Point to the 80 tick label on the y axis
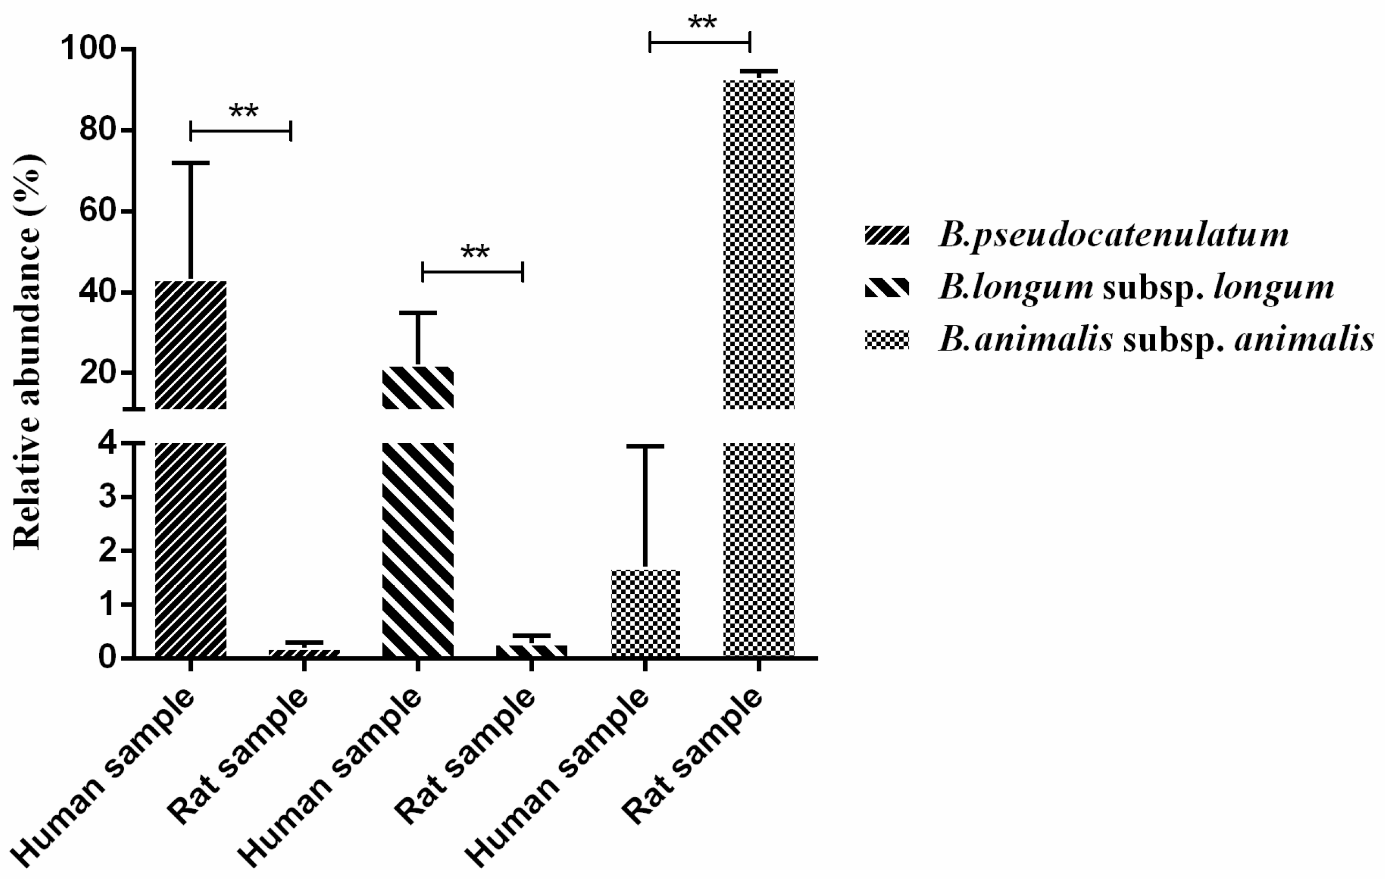[x=96, y=131]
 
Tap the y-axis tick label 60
[x=96, y=212]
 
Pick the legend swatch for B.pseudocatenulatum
[x=886, y=235]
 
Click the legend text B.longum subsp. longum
[x=1136, y=287]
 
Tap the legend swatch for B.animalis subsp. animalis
[x=886, y=340]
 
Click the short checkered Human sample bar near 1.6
[x=645, y=614]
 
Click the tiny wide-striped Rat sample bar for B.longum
[x=531, y=651]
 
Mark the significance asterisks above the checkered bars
[x=702, y=23]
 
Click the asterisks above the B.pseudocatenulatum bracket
[x=243, y=111]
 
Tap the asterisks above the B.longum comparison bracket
[x=475, y=252]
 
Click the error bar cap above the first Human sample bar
[x=190, y=163]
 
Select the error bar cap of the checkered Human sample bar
[x=645, y=446]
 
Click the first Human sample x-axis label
[x=103, y=786]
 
